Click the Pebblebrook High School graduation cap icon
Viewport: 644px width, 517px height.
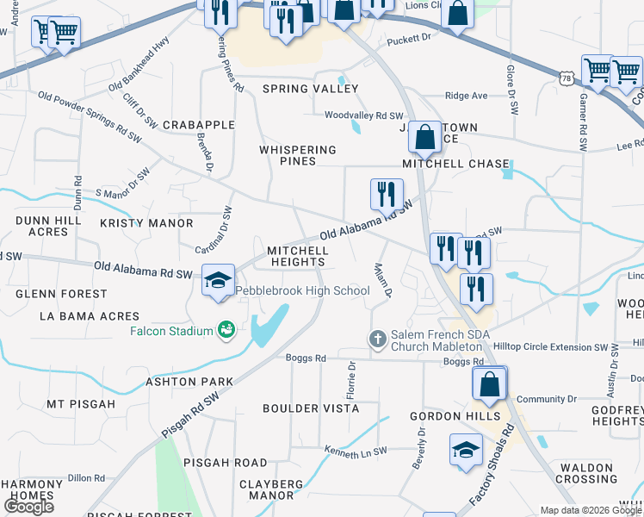[x=219, y=279]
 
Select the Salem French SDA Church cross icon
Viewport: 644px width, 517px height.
[x=377, y=339]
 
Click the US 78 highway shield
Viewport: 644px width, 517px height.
[x=566, y=78]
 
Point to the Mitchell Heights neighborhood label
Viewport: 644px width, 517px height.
[x=297, y=257]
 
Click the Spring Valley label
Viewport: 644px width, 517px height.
[x=310, y=89]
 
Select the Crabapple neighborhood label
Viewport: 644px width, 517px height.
[x=198, y=125]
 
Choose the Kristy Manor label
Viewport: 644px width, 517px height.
[x=146, y=223]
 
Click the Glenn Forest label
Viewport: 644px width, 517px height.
[x=61, y=294]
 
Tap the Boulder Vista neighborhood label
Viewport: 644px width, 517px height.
[x=311, y=408]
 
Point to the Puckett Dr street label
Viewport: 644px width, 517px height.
[x=408, y=39]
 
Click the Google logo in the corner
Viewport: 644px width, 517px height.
[x=28, y=507]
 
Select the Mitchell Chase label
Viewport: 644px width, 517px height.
[x=455, y=164]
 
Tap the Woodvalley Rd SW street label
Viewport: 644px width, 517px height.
[x=363, y=115]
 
